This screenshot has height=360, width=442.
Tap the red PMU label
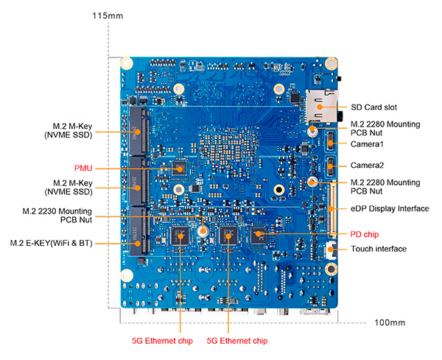83,167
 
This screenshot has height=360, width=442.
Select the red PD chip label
365,234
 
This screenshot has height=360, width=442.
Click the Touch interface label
378,249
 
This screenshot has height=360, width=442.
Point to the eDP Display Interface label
390,208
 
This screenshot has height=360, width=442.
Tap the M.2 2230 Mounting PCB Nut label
62,215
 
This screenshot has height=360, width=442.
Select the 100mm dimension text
390,323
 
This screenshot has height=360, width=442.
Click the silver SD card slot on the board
321,106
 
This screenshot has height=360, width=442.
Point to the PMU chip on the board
179,168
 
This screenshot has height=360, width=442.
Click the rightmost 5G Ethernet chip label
236,341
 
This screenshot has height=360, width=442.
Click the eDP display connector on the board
331,208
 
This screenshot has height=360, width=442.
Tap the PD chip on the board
258,236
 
